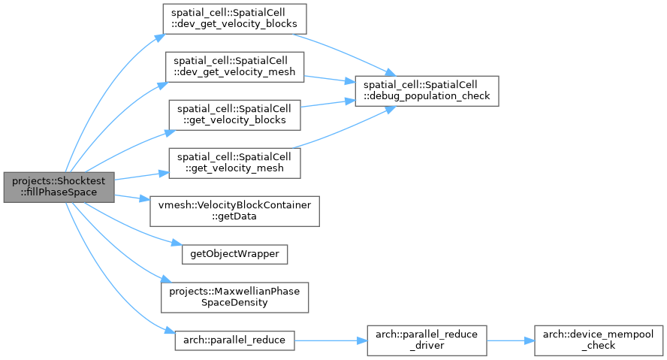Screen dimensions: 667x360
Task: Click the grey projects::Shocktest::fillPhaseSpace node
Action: click(59, 187)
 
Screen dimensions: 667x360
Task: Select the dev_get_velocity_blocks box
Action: click(234, 19)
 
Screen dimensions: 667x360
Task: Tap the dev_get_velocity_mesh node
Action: click(234, 67)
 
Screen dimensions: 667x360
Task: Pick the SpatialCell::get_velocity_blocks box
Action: click(234, 115)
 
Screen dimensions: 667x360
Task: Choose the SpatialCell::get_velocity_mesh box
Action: click(234, 163)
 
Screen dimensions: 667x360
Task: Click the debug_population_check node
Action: click(427, 91)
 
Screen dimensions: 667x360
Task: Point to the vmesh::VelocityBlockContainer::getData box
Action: click(234, 211)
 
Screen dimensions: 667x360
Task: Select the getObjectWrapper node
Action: click(234, 254)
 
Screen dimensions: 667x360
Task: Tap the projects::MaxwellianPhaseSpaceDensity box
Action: click(234, 298)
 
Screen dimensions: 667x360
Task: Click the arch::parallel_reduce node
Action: click(234, 340)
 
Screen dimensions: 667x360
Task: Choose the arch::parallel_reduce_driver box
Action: click(427, 340)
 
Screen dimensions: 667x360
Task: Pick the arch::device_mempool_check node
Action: click(599, 340)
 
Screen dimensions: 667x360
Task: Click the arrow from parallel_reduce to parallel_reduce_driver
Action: click(330, 340)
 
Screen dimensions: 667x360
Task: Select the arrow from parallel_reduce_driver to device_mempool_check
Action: click(511, 340)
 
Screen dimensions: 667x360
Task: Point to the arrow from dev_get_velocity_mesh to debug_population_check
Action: click(330, 79)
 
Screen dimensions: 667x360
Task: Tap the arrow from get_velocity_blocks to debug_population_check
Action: click(327, 104)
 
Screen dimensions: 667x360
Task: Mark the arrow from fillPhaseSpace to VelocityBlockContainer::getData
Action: click(132, 197)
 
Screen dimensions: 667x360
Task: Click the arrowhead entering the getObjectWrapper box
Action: click(177, 244)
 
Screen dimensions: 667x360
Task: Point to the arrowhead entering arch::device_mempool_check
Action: click(530, 340)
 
